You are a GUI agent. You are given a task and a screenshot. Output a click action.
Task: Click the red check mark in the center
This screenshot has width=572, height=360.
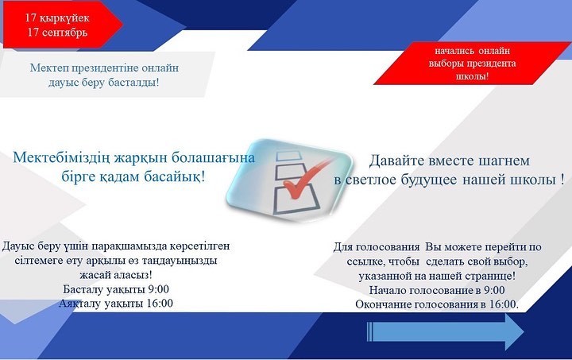[304, 179]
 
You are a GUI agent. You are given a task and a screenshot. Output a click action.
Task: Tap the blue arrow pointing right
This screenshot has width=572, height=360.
[445, 332]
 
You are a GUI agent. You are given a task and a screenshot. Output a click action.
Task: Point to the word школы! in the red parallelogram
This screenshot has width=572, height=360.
[472, 76]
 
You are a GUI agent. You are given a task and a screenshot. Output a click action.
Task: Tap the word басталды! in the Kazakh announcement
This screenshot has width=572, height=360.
[134, 83]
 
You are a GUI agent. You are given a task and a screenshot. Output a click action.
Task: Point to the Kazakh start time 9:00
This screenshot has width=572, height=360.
[158, 289]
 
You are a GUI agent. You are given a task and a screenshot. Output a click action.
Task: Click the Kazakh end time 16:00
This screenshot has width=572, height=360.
[160, 303]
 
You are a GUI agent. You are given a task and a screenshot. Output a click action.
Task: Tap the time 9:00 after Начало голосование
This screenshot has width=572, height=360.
[494, 290]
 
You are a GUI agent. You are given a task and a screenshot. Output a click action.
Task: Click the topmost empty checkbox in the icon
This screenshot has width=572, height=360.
[288, 157]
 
